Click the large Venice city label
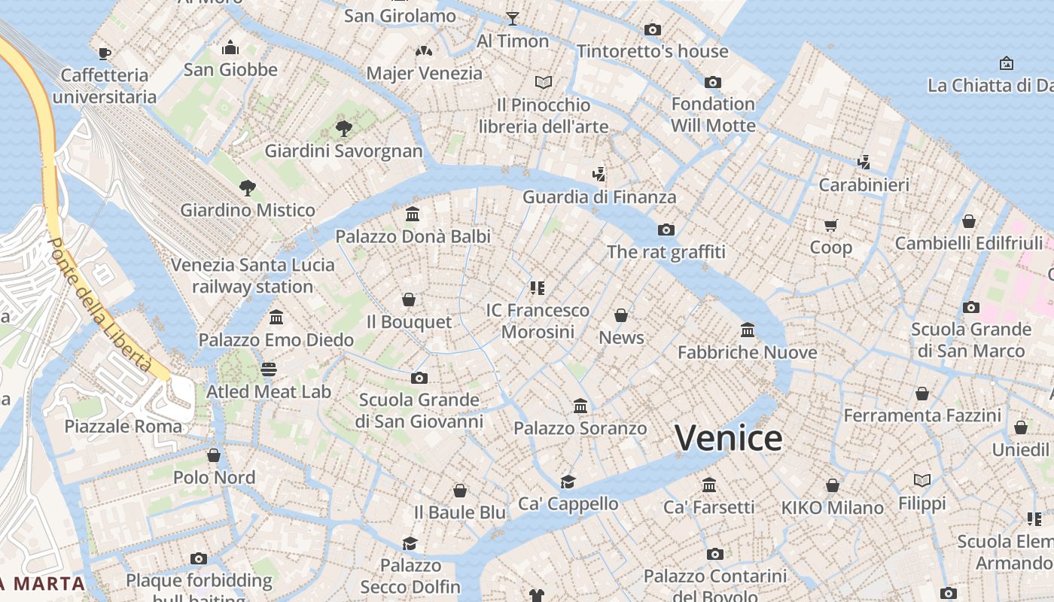[728, 438]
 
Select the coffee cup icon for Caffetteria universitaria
[105, 53]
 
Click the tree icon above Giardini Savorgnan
[344, 129]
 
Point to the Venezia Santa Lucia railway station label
[252, 275]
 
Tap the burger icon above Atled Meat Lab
[269, 369]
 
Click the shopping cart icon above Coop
[831, 225]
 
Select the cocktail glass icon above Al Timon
[513, 19]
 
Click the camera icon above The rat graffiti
[666, 230]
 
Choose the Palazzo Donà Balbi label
[413, 236]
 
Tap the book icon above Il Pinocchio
[544, 82]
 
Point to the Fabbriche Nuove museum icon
[748, 330]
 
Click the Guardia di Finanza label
[599, 197]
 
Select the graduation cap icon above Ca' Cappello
[568, 482]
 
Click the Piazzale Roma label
[123, 427]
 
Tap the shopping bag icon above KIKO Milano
[833, 485]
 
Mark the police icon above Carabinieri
[864, 162]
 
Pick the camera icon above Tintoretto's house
[653, 29]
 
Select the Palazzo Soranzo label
[580, 428]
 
